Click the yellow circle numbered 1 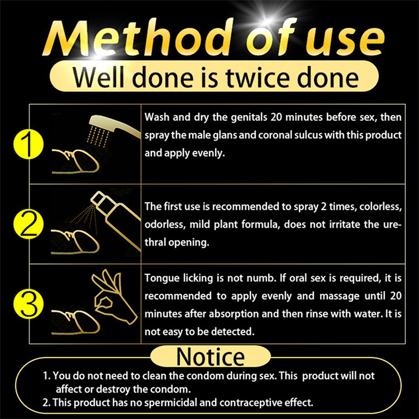click(28, 144)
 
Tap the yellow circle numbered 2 click(28, 224)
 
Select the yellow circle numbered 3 click(28, 304)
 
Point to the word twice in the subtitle click(258, 77)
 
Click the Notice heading click(211, 357)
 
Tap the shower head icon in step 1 click(114, 130)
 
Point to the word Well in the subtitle click(100, 77)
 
